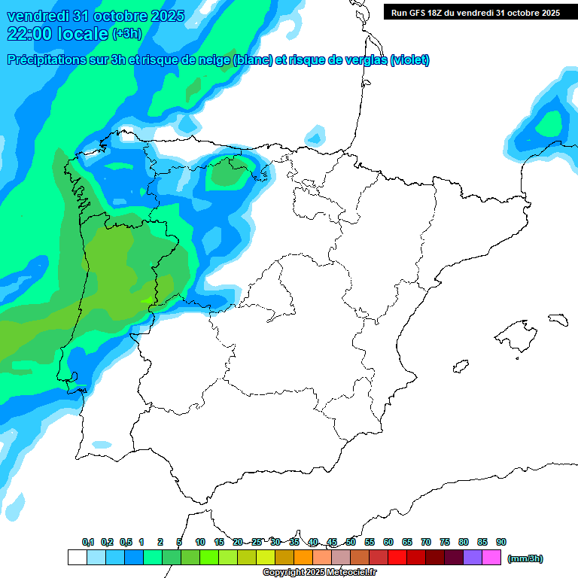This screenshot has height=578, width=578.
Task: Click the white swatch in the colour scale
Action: [77, 558]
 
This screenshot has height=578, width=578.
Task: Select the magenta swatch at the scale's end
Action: [491, 558]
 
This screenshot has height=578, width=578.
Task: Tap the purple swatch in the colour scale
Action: [472, 558]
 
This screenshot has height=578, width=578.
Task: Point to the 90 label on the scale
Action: [501, 542]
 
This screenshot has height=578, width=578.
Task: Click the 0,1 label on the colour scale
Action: [88, 542]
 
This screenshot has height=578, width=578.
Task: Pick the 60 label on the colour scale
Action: [388, 542]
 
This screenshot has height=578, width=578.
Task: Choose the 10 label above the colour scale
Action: [200, 542]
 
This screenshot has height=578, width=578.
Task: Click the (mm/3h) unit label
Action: [525, 558]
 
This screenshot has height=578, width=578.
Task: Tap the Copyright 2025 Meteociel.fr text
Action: [320, 573]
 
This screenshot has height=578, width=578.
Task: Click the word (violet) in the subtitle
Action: [409, 60]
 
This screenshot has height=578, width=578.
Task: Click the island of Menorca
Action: [558, 319]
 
